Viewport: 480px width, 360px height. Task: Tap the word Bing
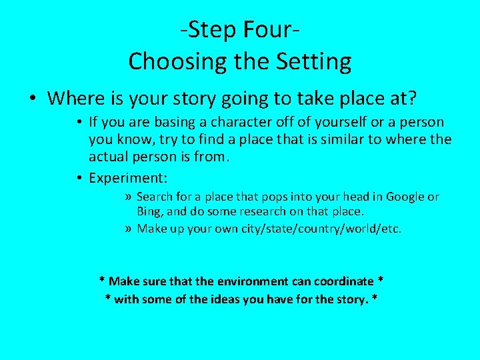149,211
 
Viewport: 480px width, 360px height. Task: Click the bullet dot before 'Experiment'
79,179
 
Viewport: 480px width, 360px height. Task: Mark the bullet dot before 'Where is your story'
33,99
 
